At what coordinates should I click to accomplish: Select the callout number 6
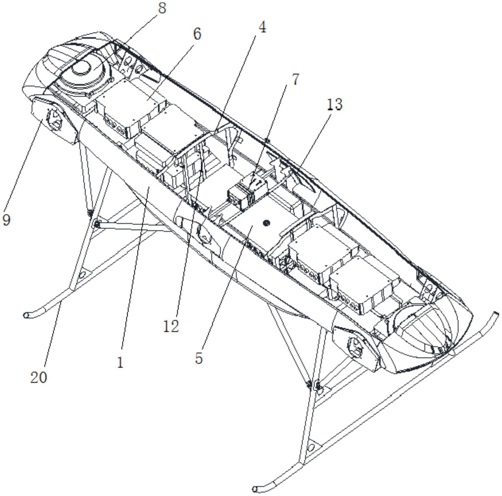coord(197,34)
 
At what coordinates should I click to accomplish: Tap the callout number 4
coord(262,27)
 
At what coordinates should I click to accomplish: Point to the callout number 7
coord(295,79)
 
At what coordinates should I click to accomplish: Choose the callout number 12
coord(171,326)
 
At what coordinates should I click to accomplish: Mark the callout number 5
coord(199,358)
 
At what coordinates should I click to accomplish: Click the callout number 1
coord(120,362)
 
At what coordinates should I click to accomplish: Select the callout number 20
coord(38,377)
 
